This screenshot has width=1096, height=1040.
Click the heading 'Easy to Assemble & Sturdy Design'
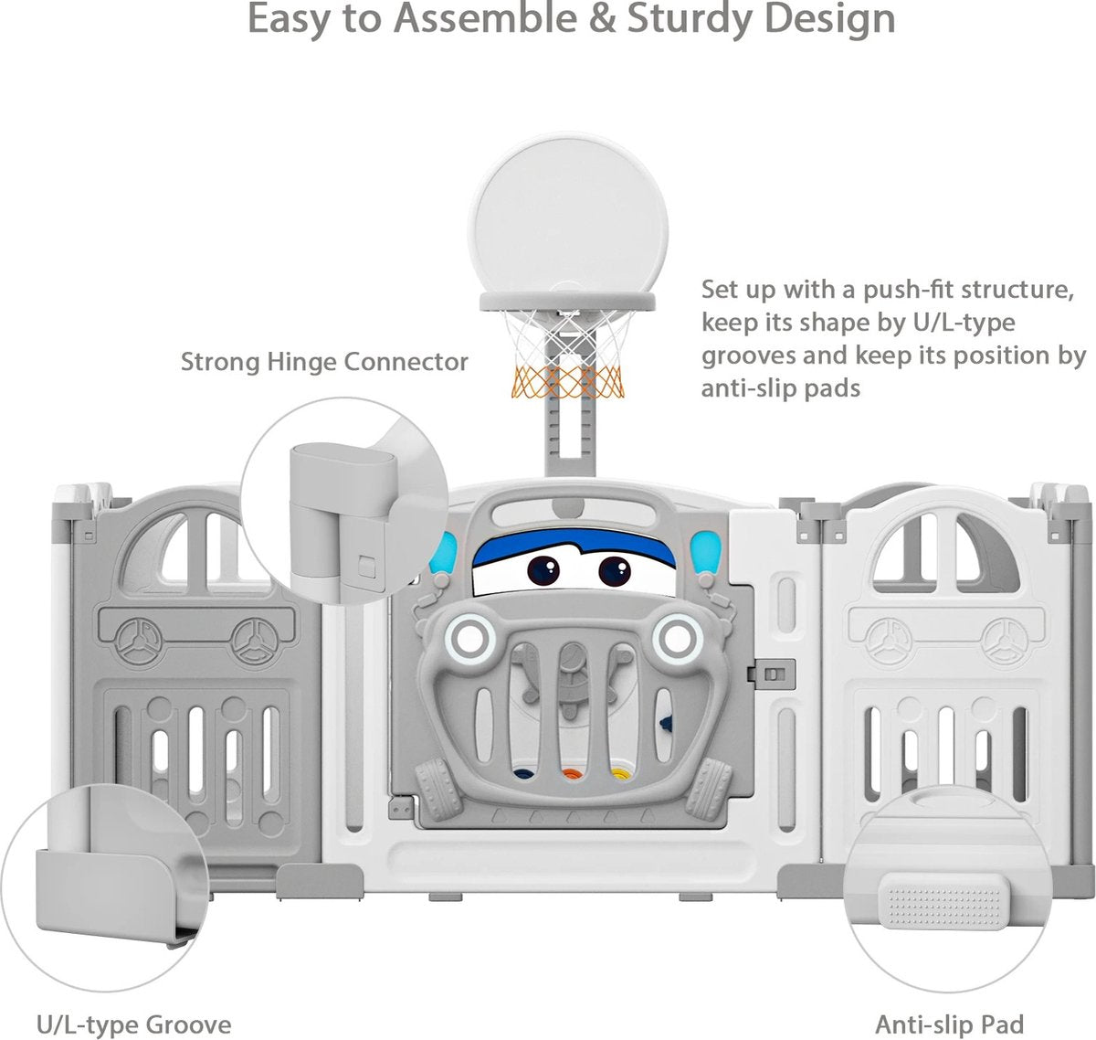point(571,20)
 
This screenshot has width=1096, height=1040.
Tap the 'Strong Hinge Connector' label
point(324,362)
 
